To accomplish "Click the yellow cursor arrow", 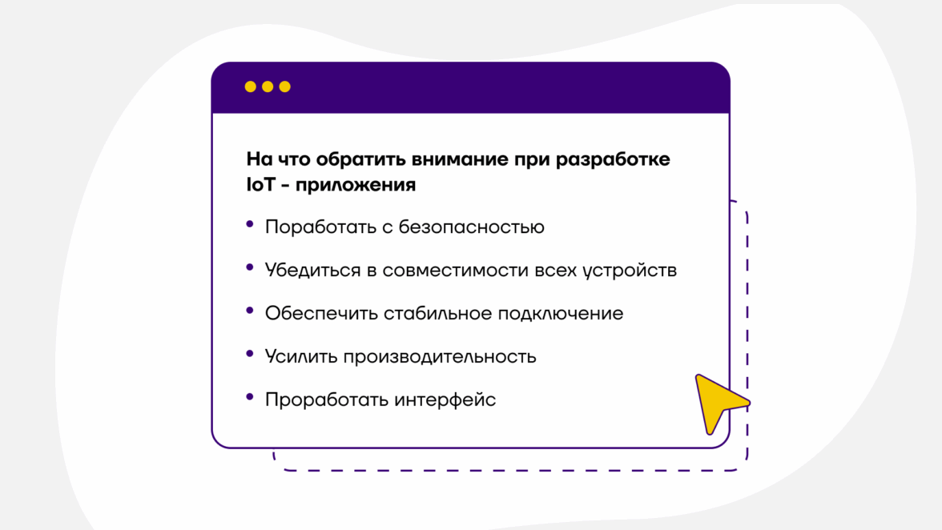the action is pos(717,401).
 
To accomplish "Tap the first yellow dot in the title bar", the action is pos(251,87).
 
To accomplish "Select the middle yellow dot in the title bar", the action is pos(268,87).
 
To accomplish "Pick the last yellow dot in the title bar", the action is pos(285,87).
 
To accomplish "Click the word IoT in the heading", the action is pos(261,185).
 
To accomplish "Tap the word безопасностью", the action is pos(472,227).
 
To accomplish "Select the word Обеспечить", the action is pos(321,313).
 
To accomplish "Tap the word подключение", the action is pos(561,314).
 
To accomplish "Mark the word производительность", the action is pos(440,357).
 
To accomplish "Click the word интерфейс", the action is pos(445,400).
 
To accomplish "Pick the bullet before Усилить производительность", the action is pos(250,354).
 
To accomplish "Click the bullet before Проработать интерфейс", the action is pos(250,397).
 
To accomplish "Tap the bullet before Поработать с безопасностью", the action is pos(250,224).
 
